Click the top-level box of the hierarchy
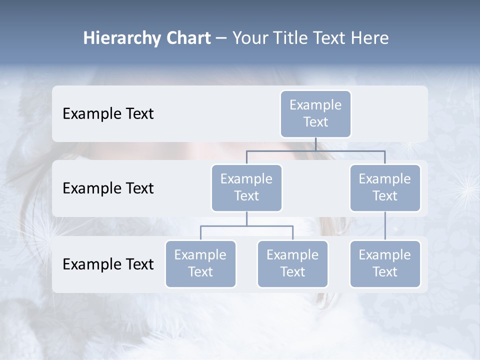pyautogui.click(x=315, y=114)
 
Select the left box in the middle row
pyautogui.click(x=246, y=187)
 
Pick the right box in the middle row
pyautogui.click(x=385, y=187)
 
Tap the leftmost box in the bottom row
pyautogui.click(x=200, y=263)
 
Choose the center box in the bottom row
pyautogui.click(x=292, y=263)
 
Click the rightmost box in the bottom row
pyautogui.click(x=385, y=263)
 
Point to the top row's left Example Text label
pyautogui.click(x=108, y=113)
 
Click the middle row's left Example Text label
pyautogui.click(x=108, y=188)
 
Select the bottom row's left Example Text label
pyautogui.click(x=108, y=264)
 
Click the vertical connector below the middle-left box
pyautogui.click(x=246, y=218)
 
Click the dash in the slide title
pyautogui.click(x=221, y=38)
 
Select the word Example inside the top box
pyautogui.click(x=315, y=105)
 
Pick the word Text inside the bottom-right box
pyautogui.click(x=385, y=272)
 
